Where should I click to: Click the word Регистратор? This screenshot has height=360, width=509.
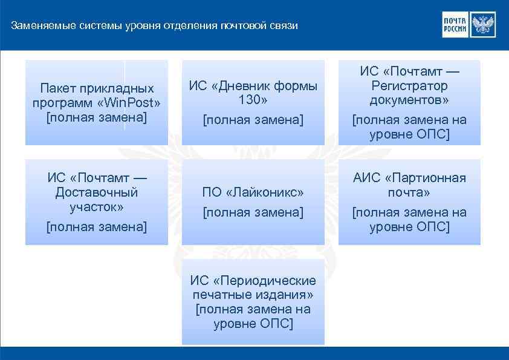click(409, 86)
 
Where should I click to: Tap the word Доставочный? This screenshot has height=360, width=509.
click(97, 192)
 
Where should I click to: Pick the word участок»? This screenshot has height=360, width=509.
click(97, 207)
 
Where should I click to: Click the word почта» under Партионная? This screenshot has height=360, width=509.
click(409, 192)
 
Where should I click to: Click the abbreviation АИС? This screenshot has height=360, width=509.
click(366, 178)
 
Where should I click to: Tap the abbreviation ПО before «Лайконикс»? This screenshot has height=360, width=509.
click(212, 192)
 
